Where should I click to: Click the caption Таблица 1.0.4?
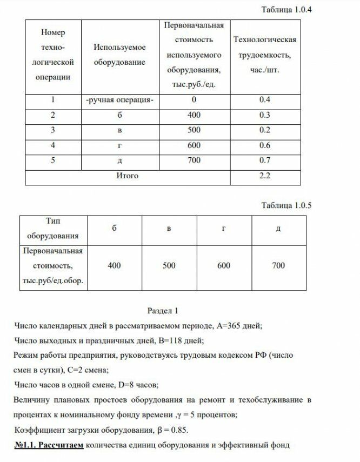click(x=286, y=10)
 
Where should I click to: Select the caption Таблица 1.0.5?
click(x=286, y=205)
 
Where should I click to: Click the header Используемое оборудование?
click(x=119, y=56)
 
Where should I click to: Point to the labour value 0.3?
click(x=264, y=116)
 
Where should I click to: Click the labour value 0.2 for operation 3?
click(x=264, y=131)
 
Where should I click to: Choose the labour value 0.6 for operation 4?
click(x=264, y=146)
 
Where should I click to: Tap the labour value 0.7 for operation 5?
click(x=264, y=161)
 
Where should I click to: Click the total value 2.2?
click(x=264, y=176)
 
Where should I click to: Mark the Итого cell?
click(x=128, y=176)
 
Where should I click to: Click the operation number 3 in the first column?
click(x=53, y=131)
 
